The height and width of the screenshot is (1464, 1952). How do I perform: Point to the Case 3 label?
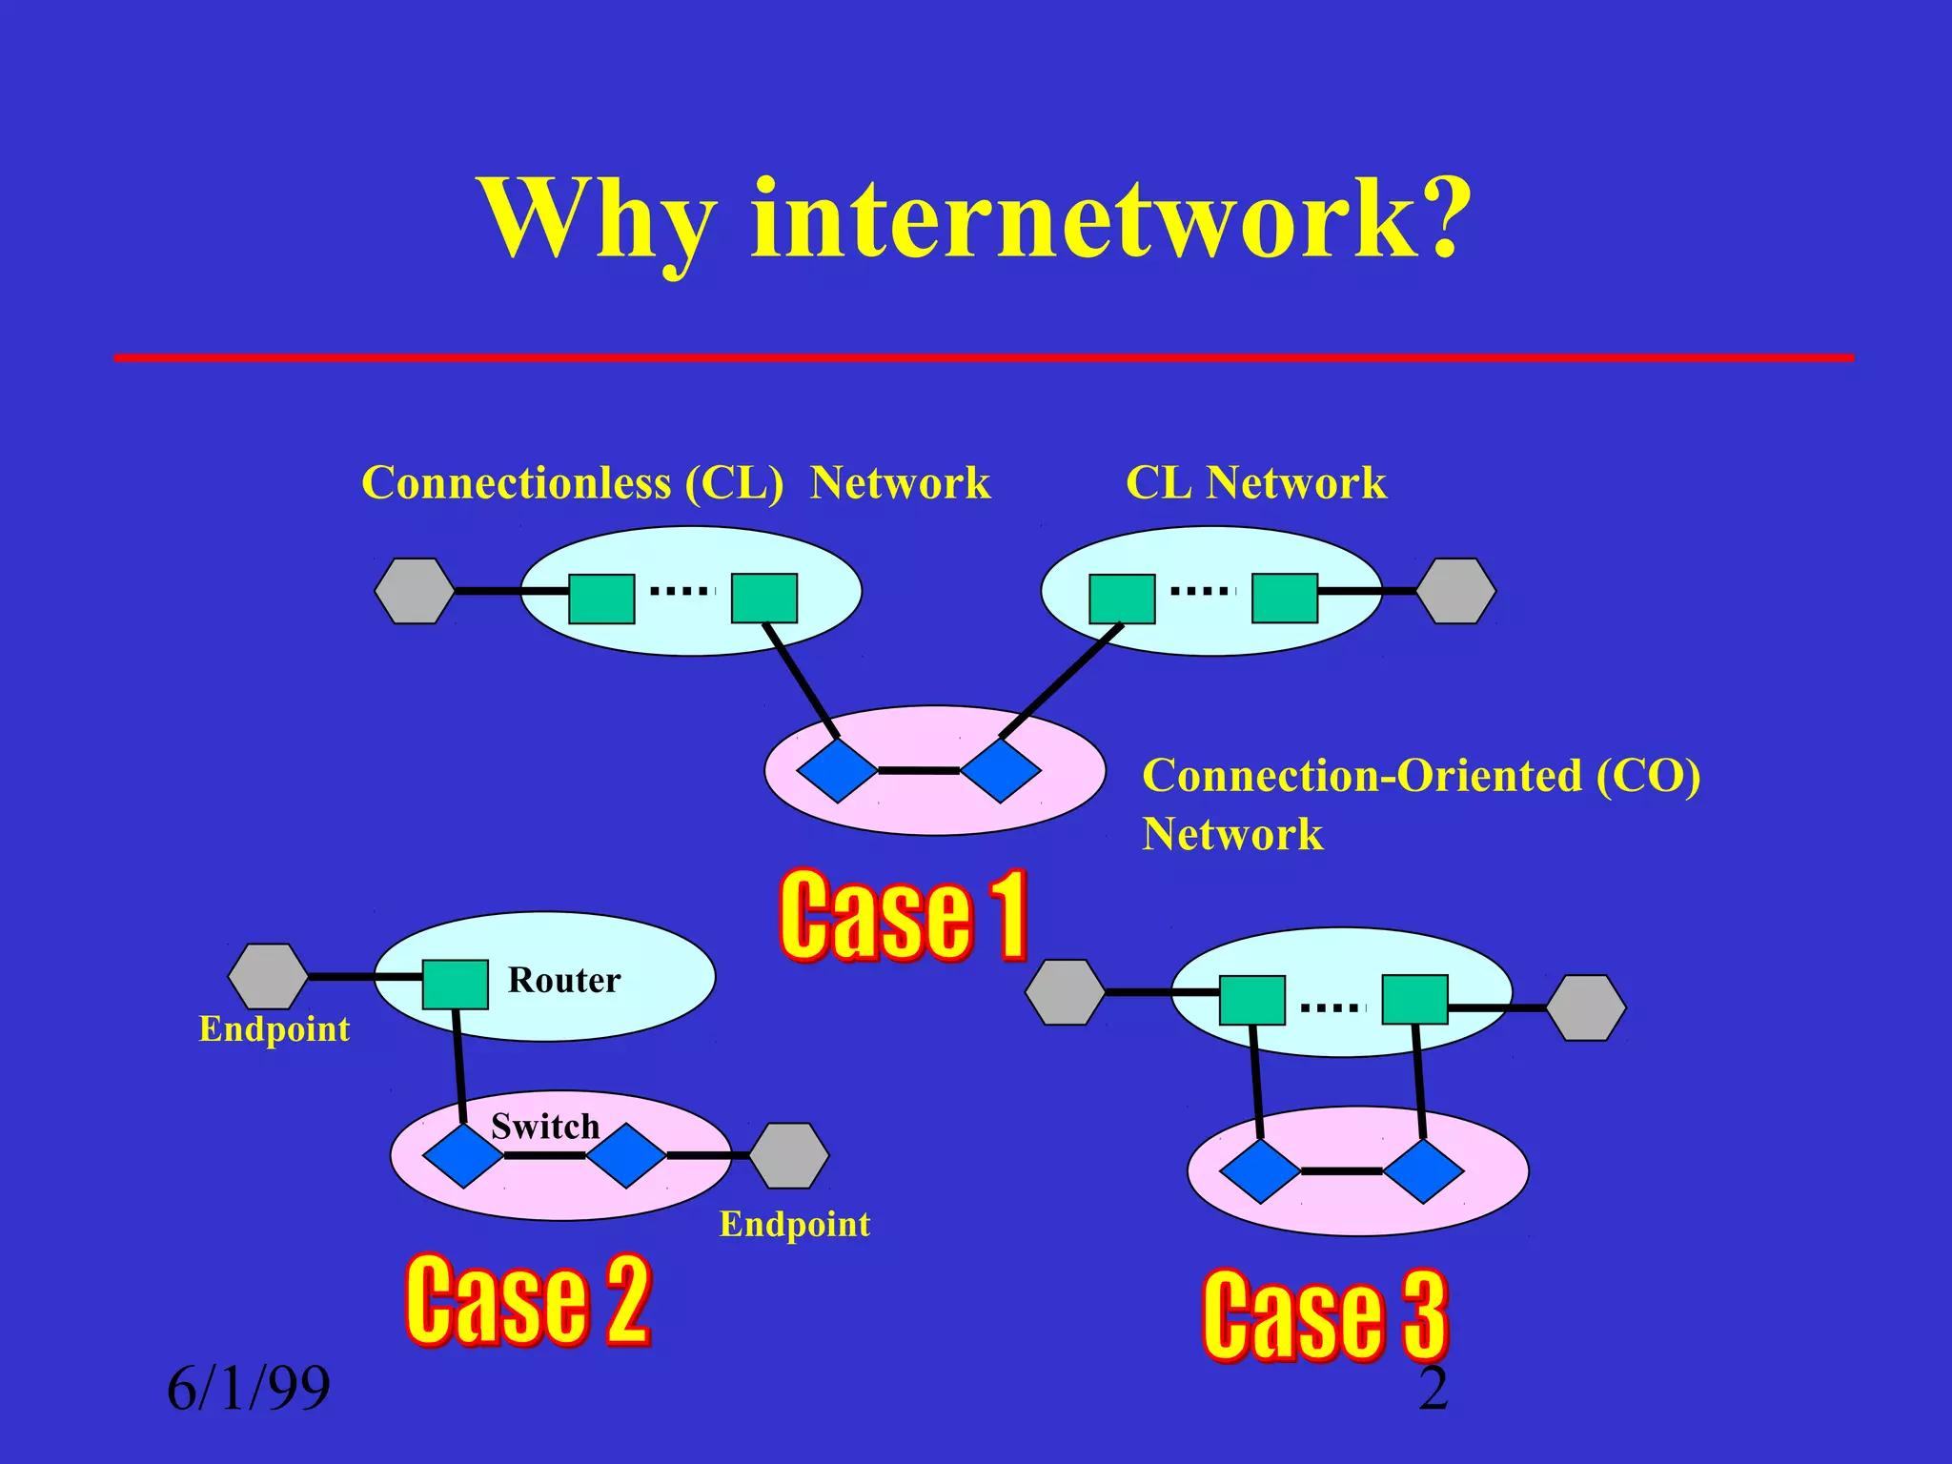[x=1325, y=1315]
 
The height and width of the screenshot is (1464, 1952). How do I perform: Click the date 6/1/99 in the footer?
[x=249, y=1388]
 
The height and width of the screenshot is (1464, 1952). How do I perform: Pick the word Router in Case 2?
[x=563, y=980]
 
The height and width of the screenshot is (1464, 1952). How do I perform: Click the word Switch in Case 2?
[x=545, y=1127]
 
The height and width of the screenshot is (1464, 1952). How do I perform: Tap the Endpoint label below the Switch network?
[x=794, y=1224]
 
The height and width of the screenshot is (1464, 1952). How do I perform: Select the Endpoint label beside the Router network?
[x=274, y=1029]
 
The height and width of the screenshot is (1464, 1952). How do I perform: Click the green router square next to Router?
[x=456, y=985]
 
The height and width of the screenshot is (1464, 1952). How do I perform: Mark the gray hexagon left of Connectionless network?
[x=414, y=591]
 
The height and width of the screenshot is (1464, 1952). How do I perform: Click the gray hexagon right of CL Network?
[x=1455, y=591]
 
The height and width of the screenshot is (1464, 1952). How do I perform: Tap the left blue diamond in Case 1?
[x=837, y=770]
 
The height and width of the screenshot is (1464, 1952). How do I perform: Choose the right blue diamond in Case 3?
[x=1423, y=1171]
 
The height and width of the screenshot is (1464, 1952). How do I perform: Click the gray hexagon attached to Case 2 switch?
[x=788, y=1155]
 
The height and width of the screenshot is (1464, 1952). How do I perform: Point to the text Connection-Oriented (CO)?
[x=1420, y=776]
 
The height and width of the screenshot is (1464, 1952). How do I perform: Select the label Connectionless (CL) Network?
[x=676, y=483]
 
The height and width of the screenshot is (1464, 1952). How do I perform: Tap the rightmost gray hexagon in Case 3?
[x=1585, y=1007]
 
